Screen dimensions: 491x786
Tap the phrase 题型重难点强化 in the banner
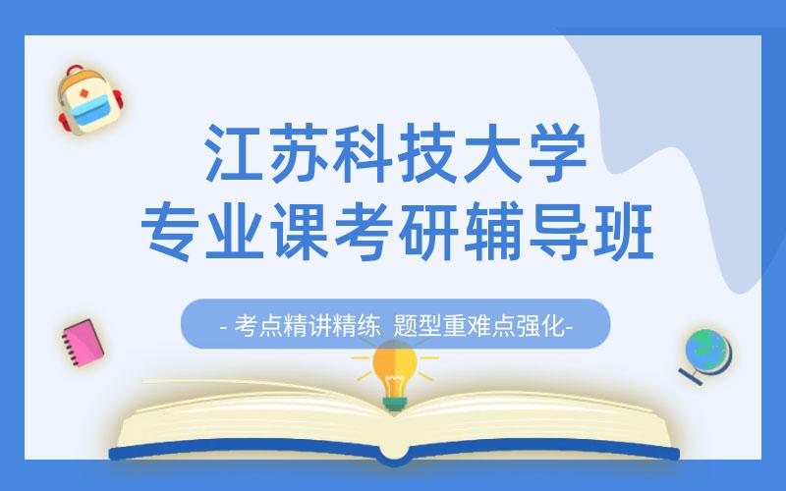click(x=479, y=325)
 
